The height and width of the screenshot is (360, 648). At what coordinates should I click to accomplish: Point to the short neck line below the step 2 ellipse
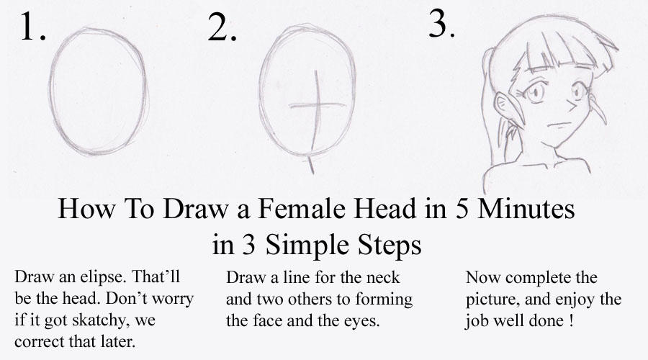[x=311, y=163]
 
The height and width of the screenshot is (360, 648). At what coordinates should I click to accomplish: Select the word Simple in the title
[x=310, y=245]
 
